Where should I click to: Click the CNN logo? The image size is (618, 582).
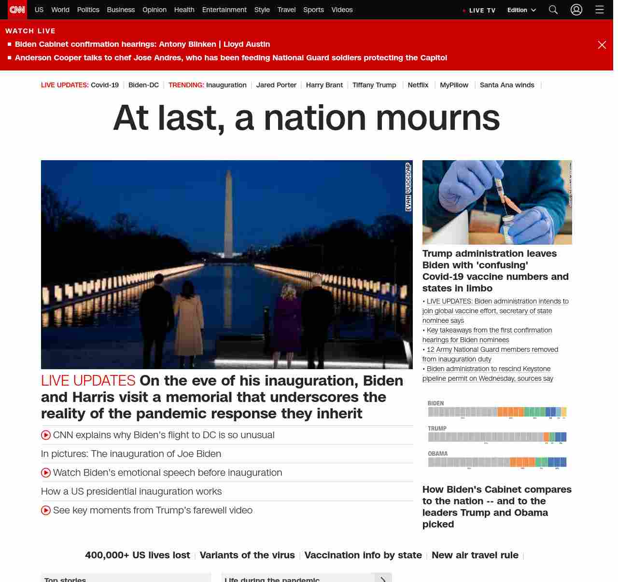point(17,10)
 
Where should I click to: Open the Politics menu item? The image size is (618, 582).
point(88,10)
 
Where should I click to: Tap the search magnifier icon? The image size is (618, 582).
point(553,10)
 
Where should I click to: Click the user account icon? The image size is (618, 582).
point(576,10)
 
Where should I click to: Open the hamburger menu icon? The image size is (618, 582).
point(600,10)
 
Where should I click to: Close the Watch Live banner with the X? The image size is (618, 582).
point(602,45)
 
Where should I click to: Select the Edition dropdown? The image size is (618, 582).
point(521,10)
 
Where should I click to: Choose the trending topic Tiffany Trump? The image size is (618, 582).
point(374,85)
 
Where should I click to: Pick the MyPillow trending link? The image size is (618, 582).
point(454,85)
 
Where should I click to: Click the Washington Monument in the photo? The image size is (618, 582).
point(228,212)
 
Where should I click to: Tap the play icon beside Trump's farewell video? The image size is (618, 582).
point(46,511)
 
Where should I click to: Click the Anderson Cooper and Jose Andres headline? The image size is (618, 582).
point(231,58)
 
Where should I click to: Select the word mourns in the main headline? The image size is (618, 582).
point(437,118)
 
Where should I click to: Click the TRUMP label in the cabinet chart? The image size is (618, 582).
point(437,429)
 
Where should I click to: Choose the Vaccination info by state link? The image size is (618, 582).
point(363,555)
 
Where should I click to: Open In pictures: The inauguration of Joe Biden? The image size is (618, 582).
point(131,454)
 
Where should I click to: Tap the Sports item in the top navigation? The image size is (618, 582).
point(313,10)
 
